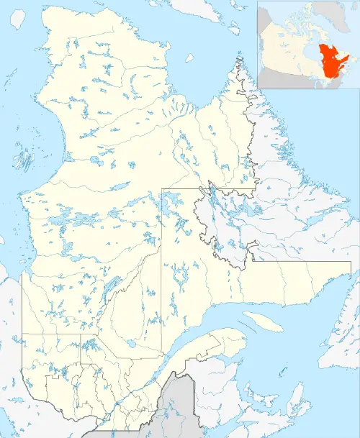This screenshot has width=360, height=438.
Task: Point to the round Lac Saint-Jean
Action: tap(131, 344)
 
